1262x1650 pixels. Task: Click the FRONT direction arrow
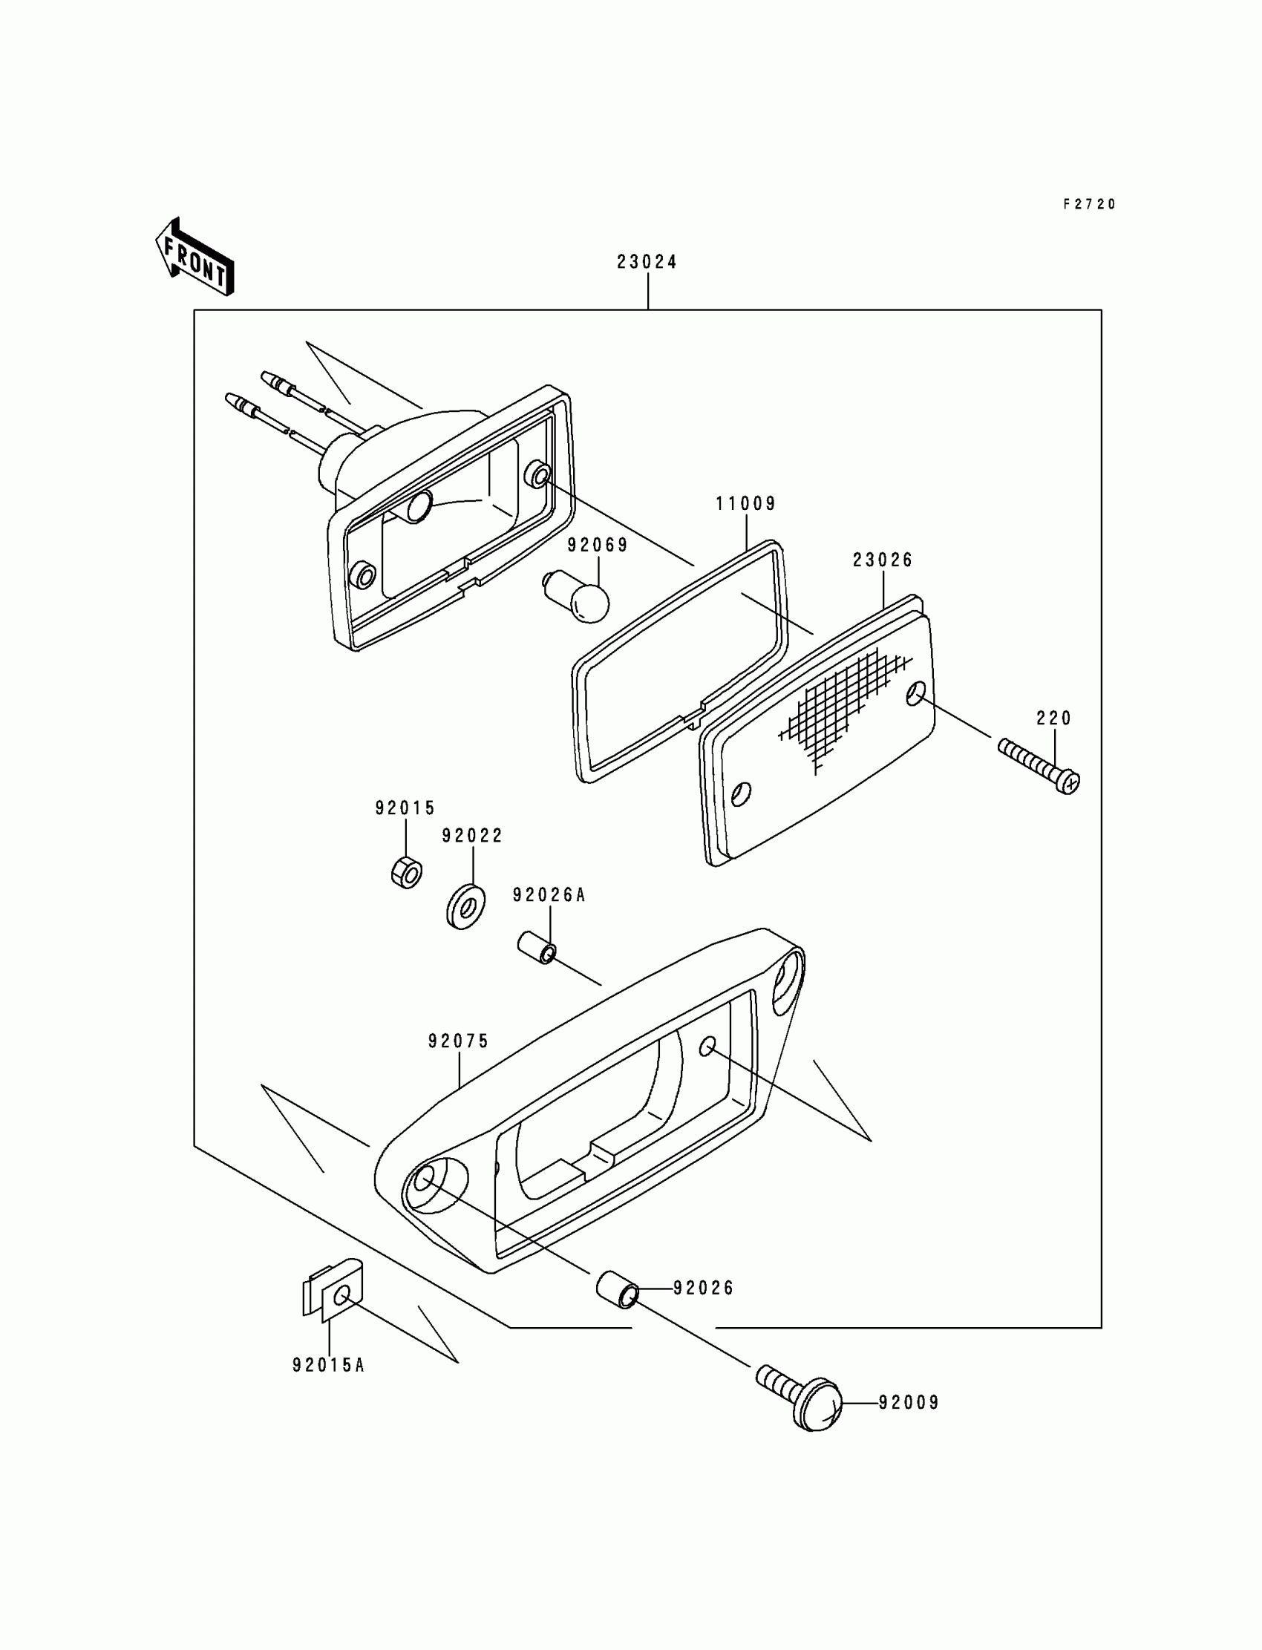194,258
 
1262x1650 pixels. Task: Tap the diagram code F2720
1089,204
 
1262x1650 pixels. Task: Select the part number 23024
647,262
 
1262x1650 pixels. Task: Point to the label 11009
745,504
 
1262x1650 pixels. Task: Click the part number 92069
597,546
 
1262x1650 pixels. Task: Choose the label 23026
883,560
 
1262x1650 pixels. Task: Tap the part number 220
1054,718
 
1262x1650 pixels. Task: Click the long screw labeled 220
1039,766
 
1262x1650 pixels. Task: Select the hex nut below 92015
406,872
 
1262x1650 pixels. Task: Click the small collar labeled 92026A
536,949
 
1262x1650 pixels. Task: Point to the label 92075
458,1041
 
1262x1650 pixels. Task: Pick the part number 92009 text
909,1403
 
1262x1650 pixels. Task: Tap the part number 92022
471,836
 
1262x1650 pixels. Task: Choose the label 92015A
328,1366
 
